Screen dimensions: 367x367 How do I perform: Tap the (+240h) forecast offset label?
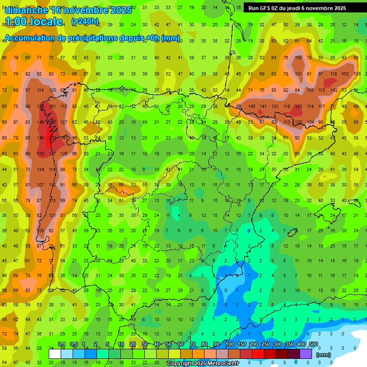(x=85, y=22)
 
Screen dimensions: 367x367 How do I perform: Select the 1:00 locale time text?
(x=33, y=22)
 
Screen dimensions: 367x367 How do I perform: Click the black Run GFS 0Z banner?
(x=297, y=8)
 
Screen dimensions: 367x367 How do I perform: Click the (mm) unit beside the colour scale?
(x=324, y=355)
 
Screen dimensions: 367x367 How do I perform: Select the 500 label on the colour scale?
(x=313, y=345)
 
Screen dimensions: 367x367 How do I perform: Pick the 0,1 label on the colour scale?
(x=62, y=345)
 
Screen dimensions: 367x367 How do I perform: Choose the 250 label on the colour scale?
(x=265, y=345)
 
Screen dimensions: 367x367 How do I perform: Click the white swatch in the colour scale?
(x=55, y=354)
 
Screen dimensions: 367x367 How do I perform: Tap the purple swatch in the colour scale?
(x=306, y=354)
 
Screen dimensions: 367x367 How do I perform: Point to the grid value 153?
(x=41, y=154)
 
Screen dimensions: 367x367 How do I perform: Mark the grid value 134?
(x=41, y=169)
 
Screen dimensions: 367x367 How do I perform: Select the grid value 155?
(x=298, y=106)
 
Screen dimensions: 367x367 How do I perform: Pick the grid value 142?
(x=334, y=90)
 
